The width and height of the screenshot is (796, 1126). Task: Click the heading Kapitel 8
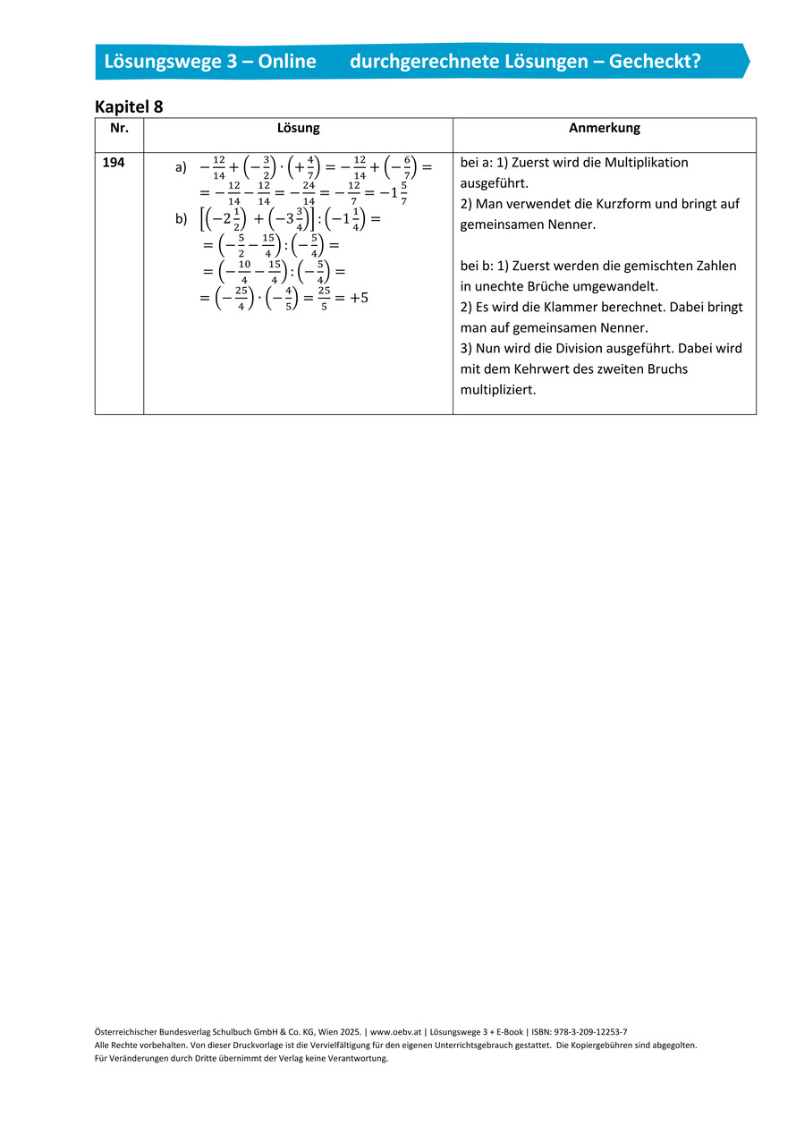129,106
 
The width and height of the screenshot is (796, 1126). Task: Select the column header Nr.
119,128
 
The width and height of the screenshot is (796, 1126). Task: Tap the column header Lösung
298,128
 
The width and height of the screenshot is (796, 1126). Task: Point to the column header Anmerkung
605,128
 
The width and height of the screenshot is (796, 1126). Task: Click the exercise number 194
114,163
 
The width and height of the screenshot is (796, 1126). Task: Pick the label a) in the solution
181,167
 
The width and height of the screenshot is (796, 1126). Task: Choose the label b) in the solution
181,217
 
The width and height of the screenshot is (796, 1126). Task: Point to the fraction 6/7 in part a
407,167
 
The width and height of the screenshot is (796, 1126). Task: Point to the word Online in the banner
289,61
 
